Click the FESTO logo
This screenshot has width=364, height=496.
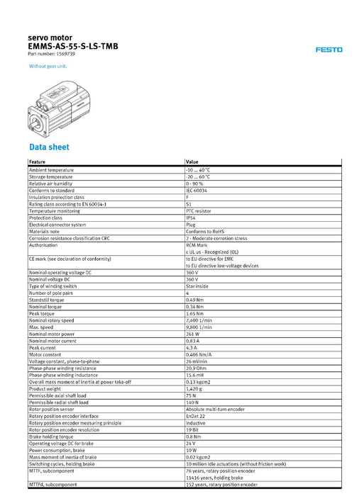point(329,50)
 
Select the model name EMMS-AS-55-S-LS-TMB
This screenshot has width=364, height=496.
point(72,46)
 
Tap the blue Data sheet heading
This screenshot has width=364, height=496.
point(49,147)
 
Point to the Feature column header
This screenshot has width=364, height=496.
point(38,162)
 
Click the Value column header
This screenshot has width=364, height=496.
point(192,162)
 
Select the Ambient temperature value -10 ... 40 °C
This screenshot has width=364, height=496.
point(197,171)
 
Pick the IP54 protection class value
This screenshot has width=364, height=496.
point(191,218)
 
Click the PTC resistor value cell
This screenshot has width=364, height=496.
point(199,211)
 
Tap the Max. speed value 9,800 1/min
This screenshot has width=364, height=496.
point(199,327)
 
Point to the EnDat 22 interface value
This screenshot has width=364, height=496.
point(197,415)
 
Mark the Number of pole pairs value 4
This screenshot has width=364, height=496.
point(187,293)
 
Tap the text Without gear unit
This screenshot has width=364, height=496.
point(48,66)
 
